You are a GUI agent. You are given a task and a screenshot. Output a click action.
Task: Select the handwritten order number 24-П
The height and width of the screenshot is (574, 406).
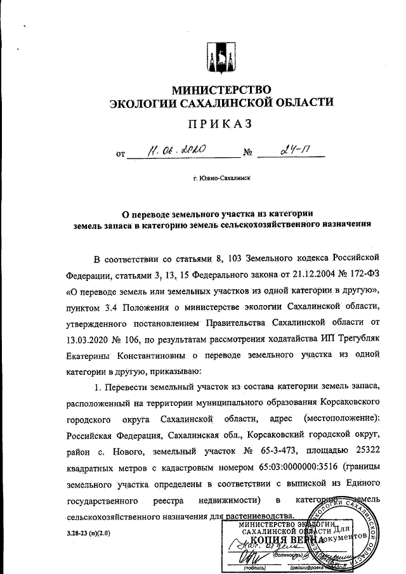coord(294,152)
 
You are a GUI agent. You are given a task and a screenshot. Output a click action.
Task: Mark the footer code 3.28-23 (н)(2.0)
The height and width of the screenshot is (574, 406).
coord(88,533)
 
